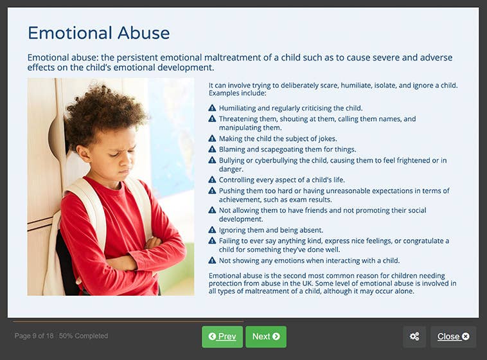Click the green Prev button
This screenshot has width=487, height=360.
pyautogui.click(x=222, y=336)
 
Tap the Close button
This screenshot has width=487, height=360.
pyautogui.click(x=453, y=336)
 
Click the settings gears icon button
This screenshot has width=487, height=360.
pyautogui.click(x=414, y=336)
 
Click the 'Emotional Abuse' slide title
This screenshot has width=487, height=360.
pyautogui.click(x=98, y=33)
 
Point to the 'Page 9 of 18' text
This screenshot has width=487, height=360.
pyautogui.click(x=34, y=336)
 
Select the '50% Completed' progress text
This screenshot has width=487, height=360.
pyautogui.click(x=84, y=336)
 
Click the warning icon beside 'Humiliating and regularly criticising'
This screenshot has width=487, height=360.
pyautogui.click(x=212, y=108)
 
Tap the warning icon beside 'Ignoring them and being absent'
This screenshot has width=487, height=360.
pyautogui.click(x=212, y=230)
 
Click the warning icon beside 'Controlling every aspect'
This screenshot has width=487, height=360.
pyautogui.click(x=212, y=179)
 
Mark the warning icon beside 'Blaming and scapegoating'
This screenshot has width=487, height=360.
pyautogui.click(x=212, y=149)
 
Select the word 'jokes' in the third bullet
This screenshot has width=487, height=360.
pyautogui.click(x=327, y=138)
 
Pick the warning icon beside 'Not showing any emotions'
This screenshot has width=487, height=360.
pyautogui.click(x=212, y=260)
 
